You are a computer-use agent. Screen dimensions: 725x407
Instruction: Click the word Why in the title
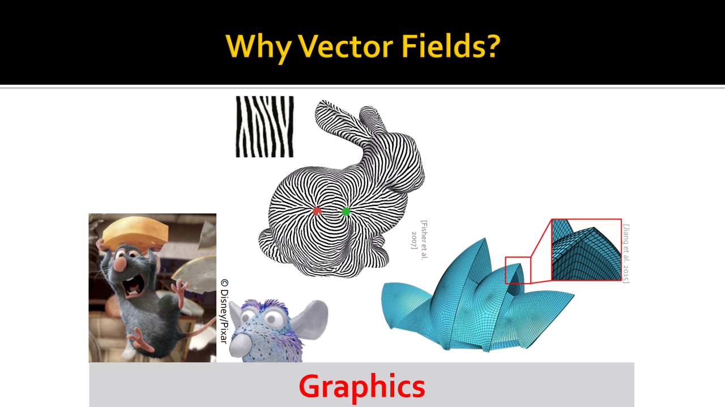(258, 48)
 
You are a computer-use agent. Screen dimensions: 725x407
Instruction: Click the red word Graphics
(362, 387)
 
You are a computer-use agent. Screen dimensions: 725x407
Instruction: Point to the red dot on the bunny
(317, 211)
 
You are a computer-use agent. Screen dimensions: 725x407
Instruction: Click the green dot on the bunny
(346, 212)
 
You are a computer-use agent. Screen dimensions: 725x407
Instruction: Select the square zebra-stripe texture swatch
(265, 126)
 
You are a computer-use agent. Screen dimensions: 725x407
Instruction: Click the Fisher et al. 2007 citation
(420, 240)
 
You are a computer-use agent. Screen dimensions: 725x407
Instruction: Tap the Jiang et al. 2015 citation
(626, 254)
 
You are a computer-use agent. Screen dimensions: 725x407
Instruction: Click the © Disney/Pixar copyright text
(224, 311)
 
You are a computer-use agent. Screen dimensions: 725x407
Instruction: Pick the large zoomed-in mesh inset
(586, 250)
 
